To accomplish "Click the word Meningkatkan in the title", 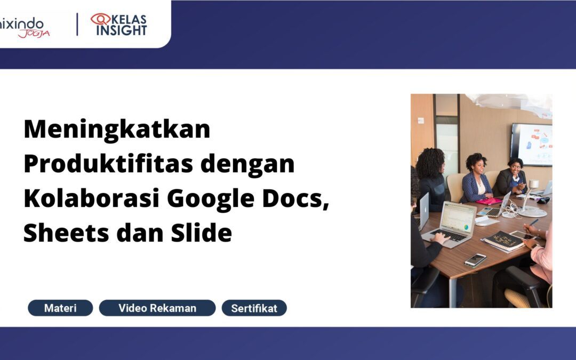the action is [x=117, y=130].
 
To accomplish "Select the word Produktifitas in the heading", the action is [x=108, y=164].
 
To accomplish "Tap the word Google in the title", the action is [x=211, y=199].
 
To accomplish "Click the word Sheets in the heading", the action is [x=66, y=233].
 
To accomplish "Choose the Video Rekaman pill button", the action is [x=157, y=308].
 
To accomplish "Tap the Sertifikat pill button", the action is [x=254, y=308].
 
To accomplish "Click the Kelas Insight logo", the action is [x=119, y=24].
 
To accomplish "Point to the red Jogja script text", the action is [x=34, y=34].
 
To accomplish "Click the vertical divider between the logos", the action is [x=77, y=24].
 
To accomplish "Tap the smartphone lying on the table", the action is [x=475, y=260].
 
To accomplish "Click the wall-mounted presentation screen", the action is [x=531, y=145].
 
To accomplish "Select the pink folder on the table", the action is [x=489, y=201].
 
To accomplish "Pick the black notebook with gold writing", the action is [x=504, y=241].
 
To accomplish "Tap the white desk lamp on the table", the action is [x=530, y=200].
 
